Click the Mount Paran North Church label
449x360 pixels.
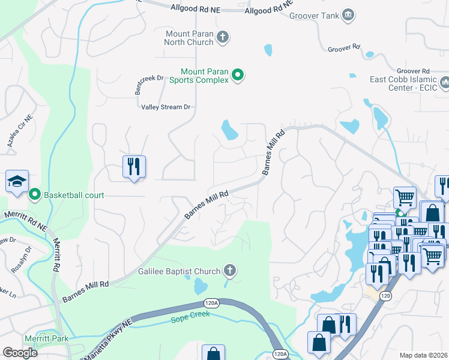click(189, 38)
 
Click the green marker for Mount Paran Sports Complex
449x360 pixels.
click(238, 75)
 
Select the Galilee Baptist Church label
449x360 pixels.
click(179, 271)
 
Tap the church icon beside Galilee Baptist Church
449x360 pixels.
click(228, 271)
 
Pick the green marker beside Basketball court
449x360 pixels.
click(35, 194)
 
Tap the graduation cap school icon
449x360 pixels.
click(17, 180)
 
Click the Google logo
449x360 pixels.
click(20, 353)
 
